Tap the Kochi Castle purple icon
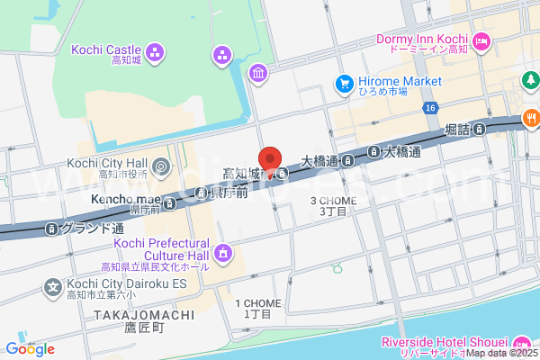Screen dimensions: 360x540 coord(156,53)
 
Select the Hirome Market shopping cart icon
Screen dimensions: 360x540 coord(344,84)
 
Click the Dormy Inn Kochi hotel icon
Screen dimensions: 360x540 coord(481,40)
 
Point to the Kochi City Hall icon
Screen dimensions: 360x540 coord(160,166)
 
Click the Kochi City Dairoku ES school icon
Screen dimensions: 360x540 coord(52,289)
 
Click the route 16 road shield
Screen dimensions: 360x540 coord(432,108)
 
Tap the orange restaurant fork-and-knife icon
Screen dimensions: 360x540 coord(532,117)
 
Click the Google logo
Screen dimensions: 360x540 coord(30,349)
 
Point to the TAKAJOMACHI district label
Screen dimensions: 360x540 coord(143,315)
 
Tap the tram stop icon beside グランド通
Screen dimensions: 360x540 coord(52,229)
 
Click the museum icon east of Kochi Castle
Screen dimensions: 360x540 coord(258,73)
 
